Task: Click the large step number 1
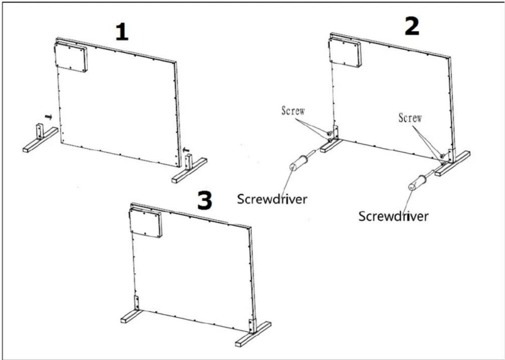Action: coord(122,33)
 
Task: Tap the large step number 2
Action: coord(412,26)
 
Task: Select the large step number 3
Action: coord(205,200)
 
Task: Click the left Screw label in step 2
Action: coord(293,110)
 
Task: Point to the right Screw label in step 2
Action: coord(410,118)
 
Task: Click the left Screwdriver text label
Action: coord(272,199)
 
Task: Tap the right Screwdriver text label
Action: coord(394,216)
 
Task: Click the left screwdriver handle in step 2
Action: coord(298,163)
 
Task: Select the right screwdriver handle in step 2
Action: coord(417,183)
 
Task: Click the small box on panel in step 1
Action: coord(71,57)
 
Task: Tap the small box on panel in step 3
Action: coord(146,223)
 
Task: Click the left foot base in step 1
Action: coord(41,140)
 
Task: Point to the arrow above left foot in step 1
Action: coord(48,117)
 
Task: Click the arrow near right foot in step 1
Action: coord(186,149)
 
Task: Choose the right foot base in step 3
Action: coord(253,334)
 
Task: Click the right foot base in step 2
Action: coord(452,164)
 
